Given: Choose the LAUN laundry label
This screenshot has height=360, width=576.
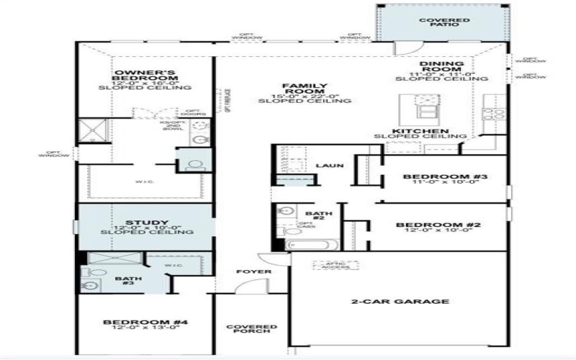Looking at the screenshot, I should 329,166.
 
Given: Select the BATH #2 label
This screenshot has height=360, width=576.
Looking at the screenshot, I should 318,217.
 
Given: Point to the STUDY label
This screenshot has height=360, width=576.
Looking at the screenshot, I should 146,222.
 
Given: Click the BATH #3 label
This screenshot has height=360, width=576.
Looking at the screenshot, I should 128,282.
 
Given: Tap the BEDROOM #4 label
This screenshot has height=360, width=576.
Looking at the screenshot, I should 145,322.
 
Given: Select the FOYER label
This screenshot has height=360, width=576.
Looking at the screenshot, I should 254,271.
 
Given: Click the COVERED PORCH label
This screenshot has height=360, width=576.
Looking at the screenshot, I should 252,329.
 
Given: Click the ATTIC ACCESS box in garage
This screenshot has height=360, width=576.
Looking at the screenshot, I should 330,266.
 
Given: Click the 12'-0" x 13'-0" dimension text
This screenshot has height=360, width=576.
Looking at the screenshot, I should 145,328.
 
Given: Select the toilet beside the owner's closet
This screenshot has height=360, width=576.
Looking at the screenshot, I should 193,165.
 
